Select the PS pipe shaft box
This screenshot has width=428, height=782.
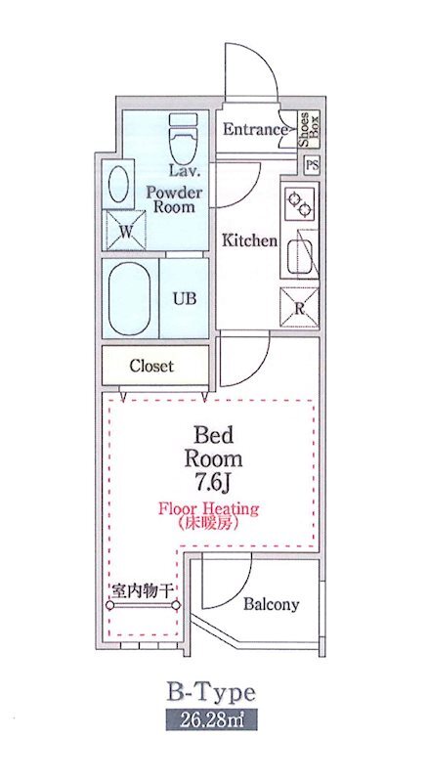[312, 165]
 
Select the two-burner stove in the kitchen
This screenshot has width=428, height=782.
[299, 203]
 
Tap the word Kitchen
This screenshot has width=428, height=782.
[248, 240]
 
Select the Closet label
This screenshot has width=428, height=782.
[151, 367]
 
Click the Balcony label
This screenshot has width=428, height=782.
[271, 604]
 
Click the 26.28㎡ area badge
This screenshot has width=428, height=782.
[212, 723]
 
